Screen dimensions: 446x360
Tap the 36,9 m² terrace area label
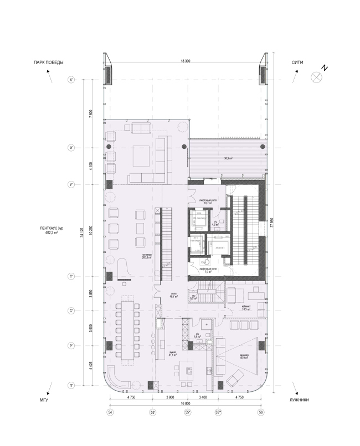point(228,158)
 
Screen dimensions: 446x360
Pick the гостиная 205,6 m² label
point(146,256)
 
